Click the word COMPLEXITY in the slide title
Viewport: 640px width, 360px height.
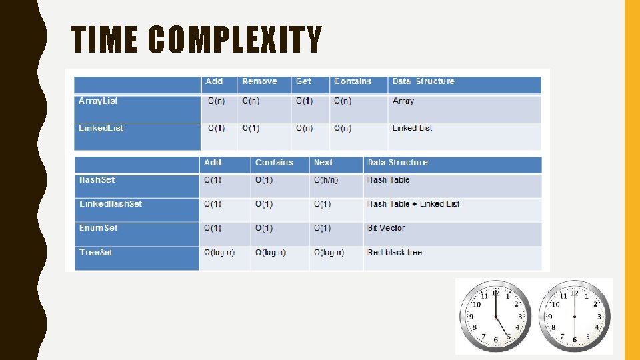235,39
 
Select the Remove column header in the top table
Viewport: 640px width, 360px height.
259,81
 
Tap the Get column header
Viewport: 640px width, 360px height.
303,81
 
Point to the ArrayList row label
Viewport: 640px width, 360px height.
98,101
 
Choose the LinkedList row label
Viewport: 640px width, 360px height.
101,128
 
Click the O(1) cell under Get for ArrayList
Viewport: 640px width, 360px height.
304,101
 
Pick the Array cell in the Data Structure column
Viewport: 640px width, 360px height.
403,101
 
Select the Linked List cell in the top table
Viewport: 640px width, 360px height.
412,128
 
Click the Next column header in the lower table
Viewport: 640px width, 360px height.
323,163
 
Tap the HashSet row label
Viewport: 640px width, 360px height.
97,180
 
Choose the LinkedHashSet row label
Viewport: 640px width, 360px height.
110,204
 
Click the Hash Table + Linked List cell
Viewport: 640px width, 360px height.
413,204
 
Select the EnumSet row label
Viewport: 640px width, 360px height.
98,228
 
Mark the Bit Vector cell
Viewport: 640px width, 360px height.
386,228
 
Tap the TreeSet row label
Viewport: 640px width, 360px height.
96,253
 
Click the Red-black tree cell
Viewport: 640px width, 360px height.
395,253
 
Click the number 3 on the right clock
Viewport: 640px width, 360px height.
599,317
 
